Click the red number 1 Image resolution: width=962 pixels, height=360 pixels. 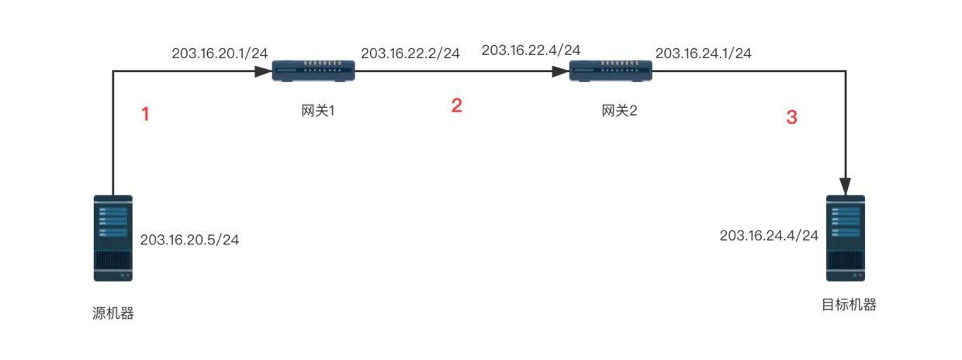coord(144,114)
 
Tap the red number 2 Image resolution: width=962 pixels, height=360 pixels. coord(457,106)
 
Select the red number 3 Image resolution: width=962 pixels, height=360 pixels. coord(791,117)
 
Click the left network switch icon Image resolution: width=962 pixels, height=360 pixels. coord(313,71)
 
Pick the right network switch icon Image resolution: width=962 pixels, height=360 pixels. coord(611,71)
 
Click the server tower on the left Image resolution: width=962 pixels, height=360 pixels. coord(114,238)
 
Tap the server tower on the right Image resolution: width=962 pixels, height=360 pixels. coord(846,238)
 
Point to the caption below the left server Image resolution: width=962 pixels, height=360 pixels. coord(112,313)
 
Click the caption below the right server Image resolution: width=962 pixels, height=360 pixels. coord(850,307)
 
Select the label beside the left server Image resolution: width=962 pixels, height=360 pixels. coord(189,238)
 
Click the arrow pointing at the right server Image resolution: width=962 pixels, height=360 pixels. coord(768,234)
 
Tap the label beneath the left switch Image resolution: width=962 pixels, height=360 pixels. coord(316,109)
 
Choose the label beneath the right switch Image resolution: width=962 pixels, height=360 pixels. coord(621,109)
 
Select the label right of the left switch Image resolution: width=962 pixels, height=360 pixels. coord(412,53)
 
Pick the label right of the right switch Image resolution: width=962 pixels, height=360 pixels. coord(704,53)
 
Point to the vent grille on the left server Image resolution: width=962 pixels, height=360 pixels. coord(114,260)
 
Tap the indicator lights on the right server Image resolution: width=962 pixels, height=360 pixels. coord(858,275)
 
